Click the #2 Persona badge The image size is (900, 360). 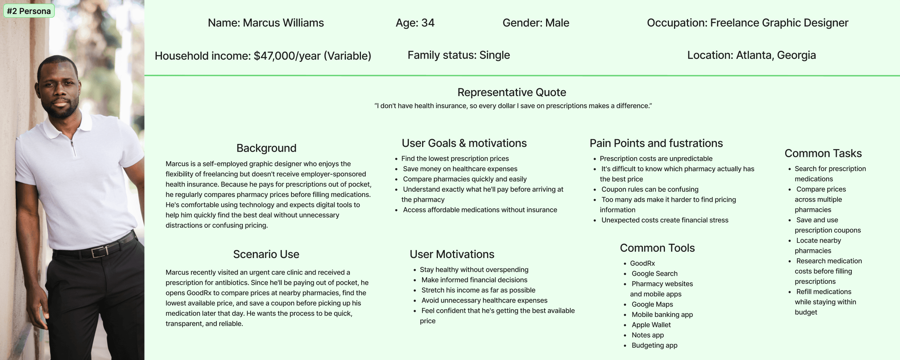(x=29, y=11)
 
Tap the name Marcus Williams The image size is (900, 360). (x=283, y=23)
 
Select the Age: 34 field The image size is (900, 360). (x=415, y=23)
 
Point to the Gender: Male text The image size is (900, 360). (x=536, y=23)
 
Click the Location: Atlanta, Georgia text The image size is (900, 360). (x=751, y=55)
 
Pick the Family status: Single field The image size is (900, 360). (x=458, y=55)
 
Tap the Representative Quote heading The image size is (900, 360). (x=512, y=92)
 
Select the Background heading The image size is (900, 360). (x=266, y=148)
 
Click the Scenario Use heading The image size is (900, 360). (x=266, y=254)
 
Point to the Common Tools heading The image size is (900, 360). (x=657, y=248)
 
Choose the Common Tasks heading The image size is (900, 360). (x=823, y=153)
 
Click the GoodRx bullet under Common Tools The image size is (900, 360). (x=642, y=263)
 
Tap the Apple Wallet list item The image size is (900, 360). (x=651, y=325)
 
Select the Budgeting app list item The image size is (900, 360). (x=655, y=345)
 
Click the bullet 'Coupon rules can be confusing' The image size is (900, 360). (x=650, y=189)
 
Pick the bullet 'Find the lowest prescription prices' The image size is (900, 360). (x=455, y=159)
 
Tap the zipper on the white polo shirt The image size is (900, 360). (x=73, y=147)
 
